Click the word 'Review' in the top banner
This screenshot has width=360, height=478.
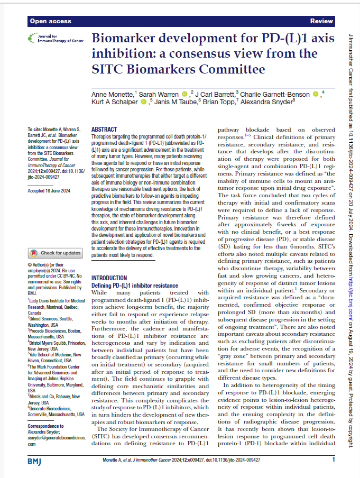tap(321, 21)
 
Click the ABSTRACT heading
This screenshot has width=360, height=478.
tap(105, 129)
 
